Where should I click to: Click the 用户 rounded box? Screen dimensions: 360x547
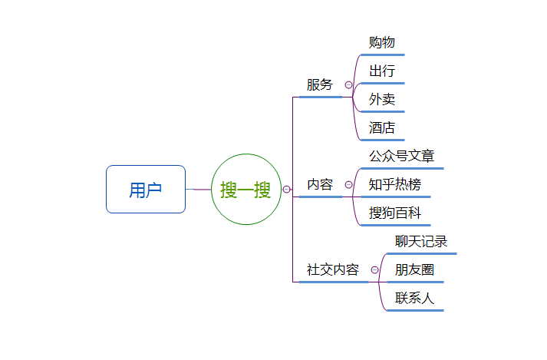[146, 189]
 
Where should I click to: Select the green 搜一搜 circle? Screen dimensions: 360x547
[245, 189]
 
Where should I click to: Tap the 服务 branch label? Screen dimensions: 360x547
[320, 85]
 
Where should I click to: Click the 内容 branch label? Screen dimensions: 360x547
[320, 185]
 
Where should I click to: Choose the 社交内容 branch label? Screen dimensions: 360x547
[333, 270]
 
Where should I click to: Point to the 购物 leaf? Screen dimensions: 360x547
[382, 42]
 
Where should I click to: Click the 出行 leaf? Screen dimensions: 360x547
[382, 71]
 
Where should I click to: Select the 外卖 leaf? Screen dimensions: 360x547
[382, 100]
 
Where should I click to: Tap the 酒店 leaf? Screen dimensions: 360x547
[382, 128]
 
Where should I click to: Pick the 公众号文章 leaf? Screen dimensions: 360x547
[401, 157]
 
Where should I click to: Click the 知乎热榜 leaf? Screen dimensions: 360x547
[394, 185]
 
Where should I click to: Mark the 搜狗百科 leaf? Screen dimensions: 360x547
[394, 213]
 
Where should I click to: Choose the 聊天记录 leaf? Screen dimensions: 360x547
[421, 242]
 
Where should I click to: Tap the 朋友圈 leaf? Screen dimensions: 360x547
[414, 270]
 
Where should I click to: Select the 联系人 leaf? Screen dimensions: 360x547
[414, 299]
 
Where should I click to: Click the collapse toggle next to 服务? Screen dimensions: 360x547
[348, 85]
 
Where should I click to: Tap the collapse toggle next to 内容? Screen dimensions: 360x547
[348, 185]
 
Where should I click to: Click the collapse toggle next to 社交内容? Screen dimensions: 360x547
[374, 270]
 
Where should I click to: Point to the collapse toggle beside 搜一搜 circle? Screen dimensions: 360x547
[286, 189]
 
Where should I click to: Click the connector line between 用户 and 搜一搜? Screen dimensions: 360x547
[198, 189]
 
